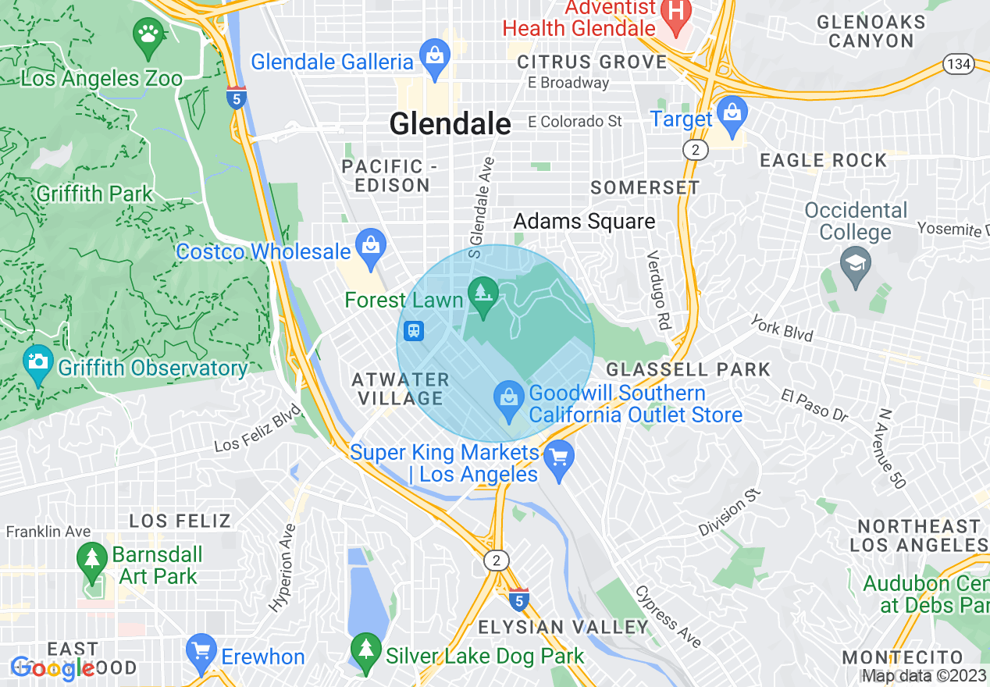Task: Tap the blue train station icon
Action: [x=414, y=331]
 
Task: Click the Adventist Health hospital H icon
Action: [x=677, y=11]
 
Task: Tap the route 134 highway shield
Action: [x=958, y=64]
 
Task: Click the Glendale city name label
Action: [x=450, y=123]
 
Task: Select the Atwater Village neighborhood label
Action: [x=400, y=389]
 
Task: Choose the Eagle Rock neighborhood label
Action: [x=824, y=161]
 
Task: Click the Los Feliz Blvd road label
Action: [x=258, y=429]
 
